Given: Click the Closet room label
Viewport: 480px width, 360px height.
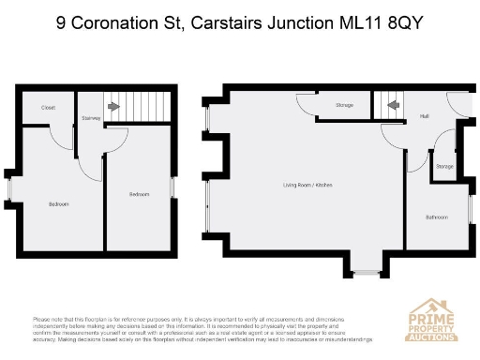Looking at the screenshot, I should click(x=48, y=108).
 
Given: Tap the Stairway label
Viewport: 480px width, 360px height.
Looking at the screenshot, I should click(x=91, y=118).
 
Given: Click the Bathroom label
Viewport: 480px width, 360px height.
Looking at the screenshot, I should click(x=437, y=217).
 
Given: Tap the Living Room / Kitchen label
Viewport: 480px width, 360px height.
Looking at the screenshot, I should click(x=307, y=185).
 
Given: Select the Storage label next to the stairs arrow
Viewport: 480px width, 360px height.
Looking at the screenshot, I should click(x=344, y=105).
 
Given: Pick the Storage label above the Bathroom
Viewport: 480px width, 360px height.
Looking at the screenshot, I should click(x=444, y=168).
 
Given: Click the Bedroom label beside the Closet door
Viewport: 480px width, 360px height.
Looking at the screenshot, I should click(x=58, y=203).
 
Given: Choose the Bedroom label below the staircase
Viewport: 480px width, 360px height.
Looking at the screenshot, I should click(x=139, y=193).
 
